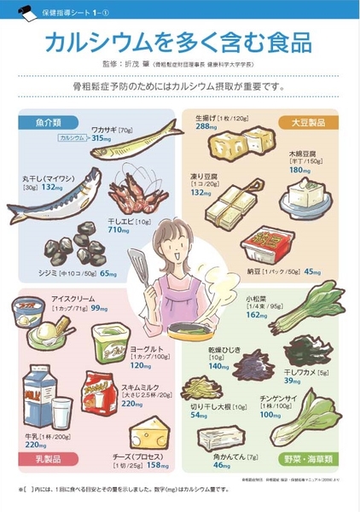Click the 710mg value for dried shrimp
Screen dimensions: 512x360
point(118,230)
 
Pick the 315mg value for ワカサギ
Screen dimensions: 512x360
point(102,137)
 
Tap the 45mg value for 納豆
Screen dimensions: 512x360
point(312,272)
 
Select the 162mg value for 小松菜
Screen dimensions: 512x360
point(258,315)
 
